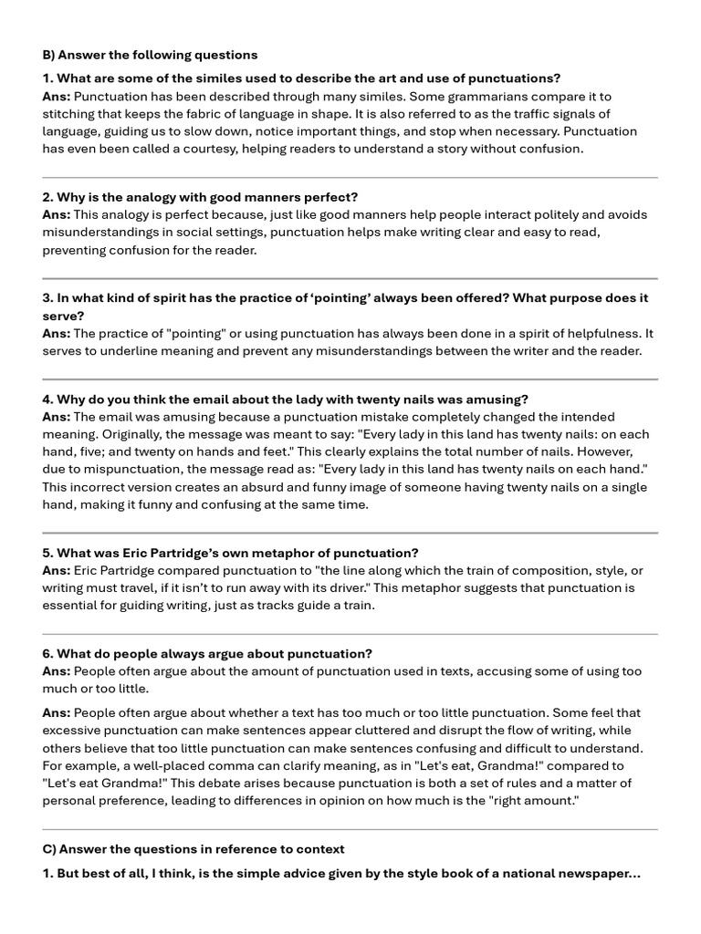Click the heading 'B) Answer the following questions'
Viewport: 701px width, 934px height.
pyautogui.click(x=150, y=55)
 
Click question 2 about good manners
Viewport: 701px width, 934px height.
pyautogui.click(x=200, y=197)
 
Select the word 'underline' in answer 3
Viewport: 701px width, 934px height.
pyautogui.click(x=121, y=351)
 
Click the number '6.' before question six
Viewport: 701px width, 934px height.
pyautogui.click(x=48, y=654)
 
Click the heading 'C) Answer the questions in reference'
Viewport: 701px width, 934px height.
pyautogui.click(x=193, y=849)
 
